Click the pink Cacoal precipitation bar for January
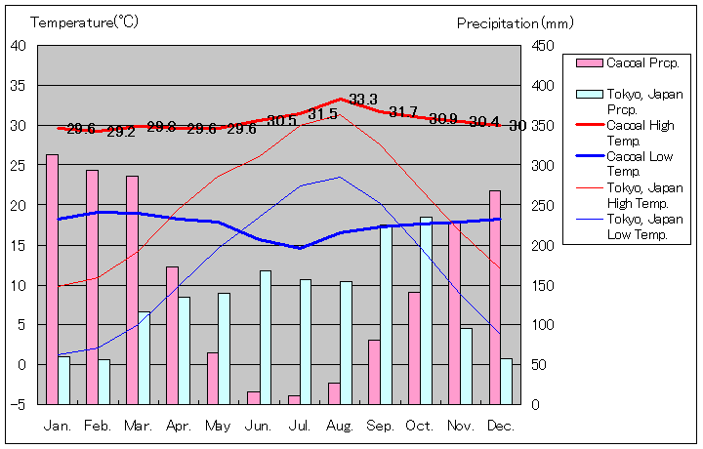(x=52, y=278)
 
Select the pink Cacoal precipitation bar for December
(x=495, y=297)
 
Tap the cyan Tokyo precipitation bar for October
(x=426, y=310)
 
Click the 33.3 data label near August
(x=363, y=100)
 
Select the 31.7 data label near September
(x=403, y=112)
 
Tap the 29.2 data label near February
(x=121, y=132)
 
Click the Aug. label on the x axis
(x=340, y=426)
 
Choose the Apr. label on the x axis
(x=179, y=426)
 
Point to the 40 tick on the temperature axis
(x=19, y=45)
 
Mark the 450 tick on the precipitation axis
(x=543, y=46)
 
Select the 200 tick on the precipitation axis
(x=543, y=245)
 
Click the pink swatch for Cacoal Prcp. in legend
(x=589, y=63)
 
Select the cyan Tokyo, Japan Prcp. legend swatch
(x=589, y=95)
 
